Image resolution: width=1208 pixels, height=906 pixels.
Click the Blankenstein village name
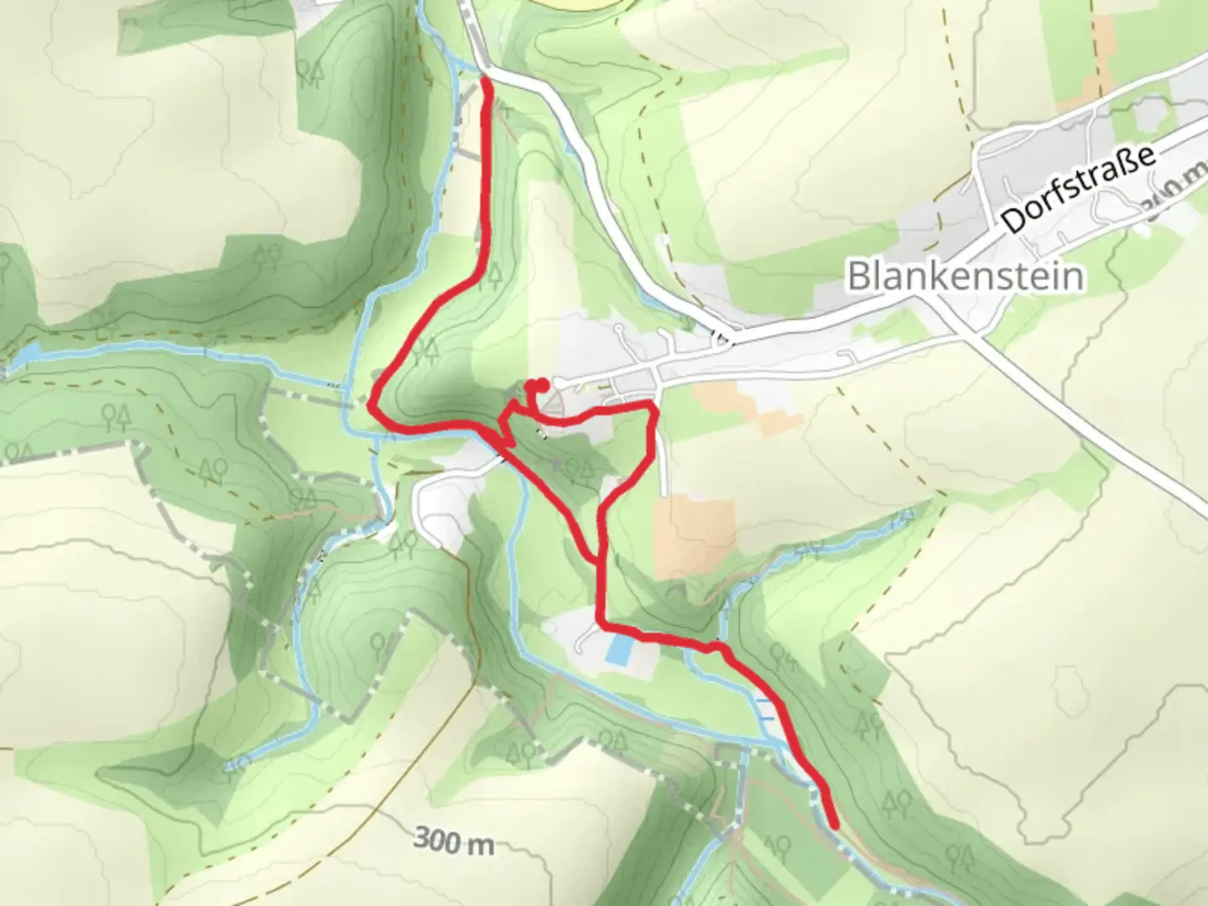[x=965, y=275]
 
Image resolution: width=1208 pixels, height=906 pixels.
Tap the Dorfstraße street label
[x=1078, y=190]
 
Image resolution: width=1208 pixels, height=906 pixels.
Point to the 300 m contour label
[x=454, y=841]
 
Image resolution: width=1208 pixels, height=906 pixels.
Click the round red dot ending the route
[x=542, y=385]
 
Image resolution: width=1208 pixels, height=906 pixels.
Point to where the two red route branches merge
[x=600, y=558]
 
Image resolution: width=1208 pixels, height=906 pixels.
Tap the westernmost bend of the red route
[x=372, y=405]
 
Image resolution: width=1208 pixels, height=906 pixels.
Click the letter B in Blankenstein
[x=858, y=276]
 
